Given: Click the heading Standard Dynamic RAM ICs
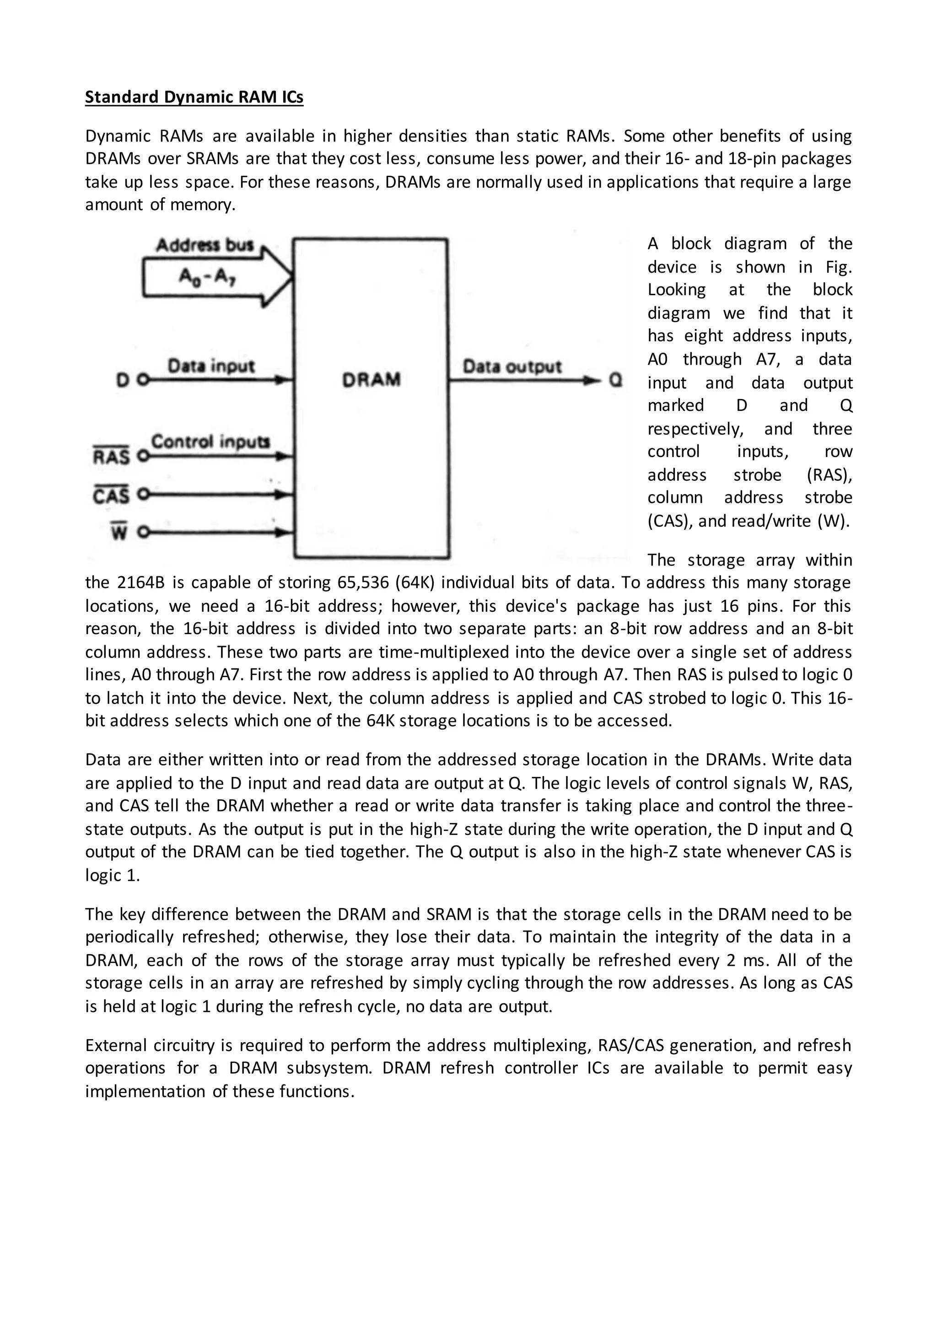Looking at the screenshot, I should (194, 97).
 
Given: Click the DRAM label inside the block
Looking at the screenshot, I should (371, 380).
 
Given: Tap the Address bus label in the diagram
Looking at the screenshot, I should (205, 245).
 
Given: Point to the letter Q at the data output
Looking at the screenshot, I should (616, 380).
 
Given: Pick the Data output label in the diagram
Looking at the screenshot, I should (512, 366).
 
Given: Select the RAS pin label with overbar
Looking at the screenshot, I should (111, 457).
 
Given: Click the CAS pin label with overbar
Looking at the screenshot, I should (111, 495).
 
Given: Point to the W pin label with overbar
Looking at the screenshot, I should (118, 532).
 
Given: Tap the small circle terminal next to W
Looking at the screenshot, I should (143, 532).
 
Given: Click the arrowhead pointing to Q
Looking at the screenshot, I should (592, 381).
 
